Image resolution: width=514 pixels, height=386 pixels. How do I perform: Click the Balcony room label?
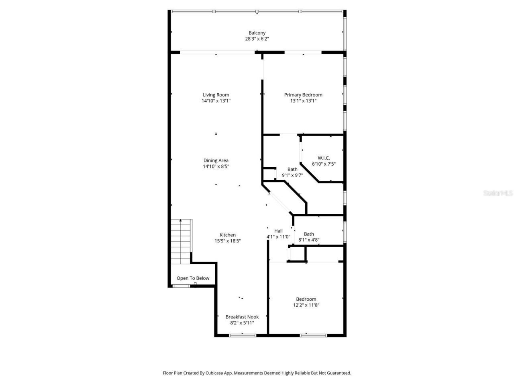(x=257, y=33)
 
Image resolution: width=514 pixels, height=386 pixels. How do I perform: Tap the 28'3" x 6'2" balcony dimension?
(x=257, y=39)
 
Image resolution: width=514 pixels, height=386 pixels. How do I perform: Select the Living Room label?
(x=216, y=95)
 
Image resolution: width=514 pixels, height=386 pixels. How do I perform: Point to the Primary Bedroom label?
(x=303, y=95)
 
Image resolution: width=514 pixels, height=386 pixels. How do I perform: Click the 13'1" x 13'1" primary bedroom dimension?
(x=303, y=101)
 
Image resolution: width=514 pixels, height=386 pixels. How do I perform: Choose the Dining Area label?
(x=216, y=160)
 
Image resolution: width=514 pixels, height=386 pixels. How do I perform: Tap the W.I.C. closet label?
(x=324, y=158)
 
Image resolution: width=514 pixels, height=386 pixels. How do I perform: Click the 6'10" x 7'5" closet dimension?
(x=324, y=164)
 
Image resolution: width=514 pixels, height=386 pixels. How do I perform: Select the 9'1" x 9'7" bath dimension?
(x=292, y=175)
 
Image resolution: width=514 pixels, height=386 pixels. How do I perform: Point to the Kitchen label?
(x=228, y=235)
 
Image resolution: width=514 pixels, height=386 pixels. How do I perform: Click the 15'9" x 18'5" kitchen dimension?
(x=228, y=241)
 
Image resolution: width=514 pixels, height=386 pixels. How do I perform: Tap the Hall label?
(x=278, y=231)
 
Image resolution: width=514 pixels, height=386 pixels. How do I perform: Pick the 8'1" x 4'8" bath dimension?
(x=309, y=240)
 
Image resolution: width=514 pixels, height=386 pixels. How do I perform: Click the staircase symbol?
(x=181, y=241)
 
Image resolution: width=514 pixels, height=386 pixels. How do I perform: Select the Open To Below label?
(x=193, y=278)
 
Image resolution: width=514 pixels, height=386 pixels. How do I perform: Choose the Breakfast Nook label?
(x=242, y=317)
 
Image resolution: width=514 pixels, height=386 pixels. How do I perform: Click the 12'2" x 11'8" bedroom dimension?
(x=306, y=305)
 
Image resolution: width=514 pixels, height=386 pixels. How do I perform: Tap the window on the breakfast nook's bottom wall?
(x=242, y=335)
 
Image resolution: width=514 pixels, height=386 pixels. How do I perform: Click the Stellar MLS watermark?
(x=498, y=193)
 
